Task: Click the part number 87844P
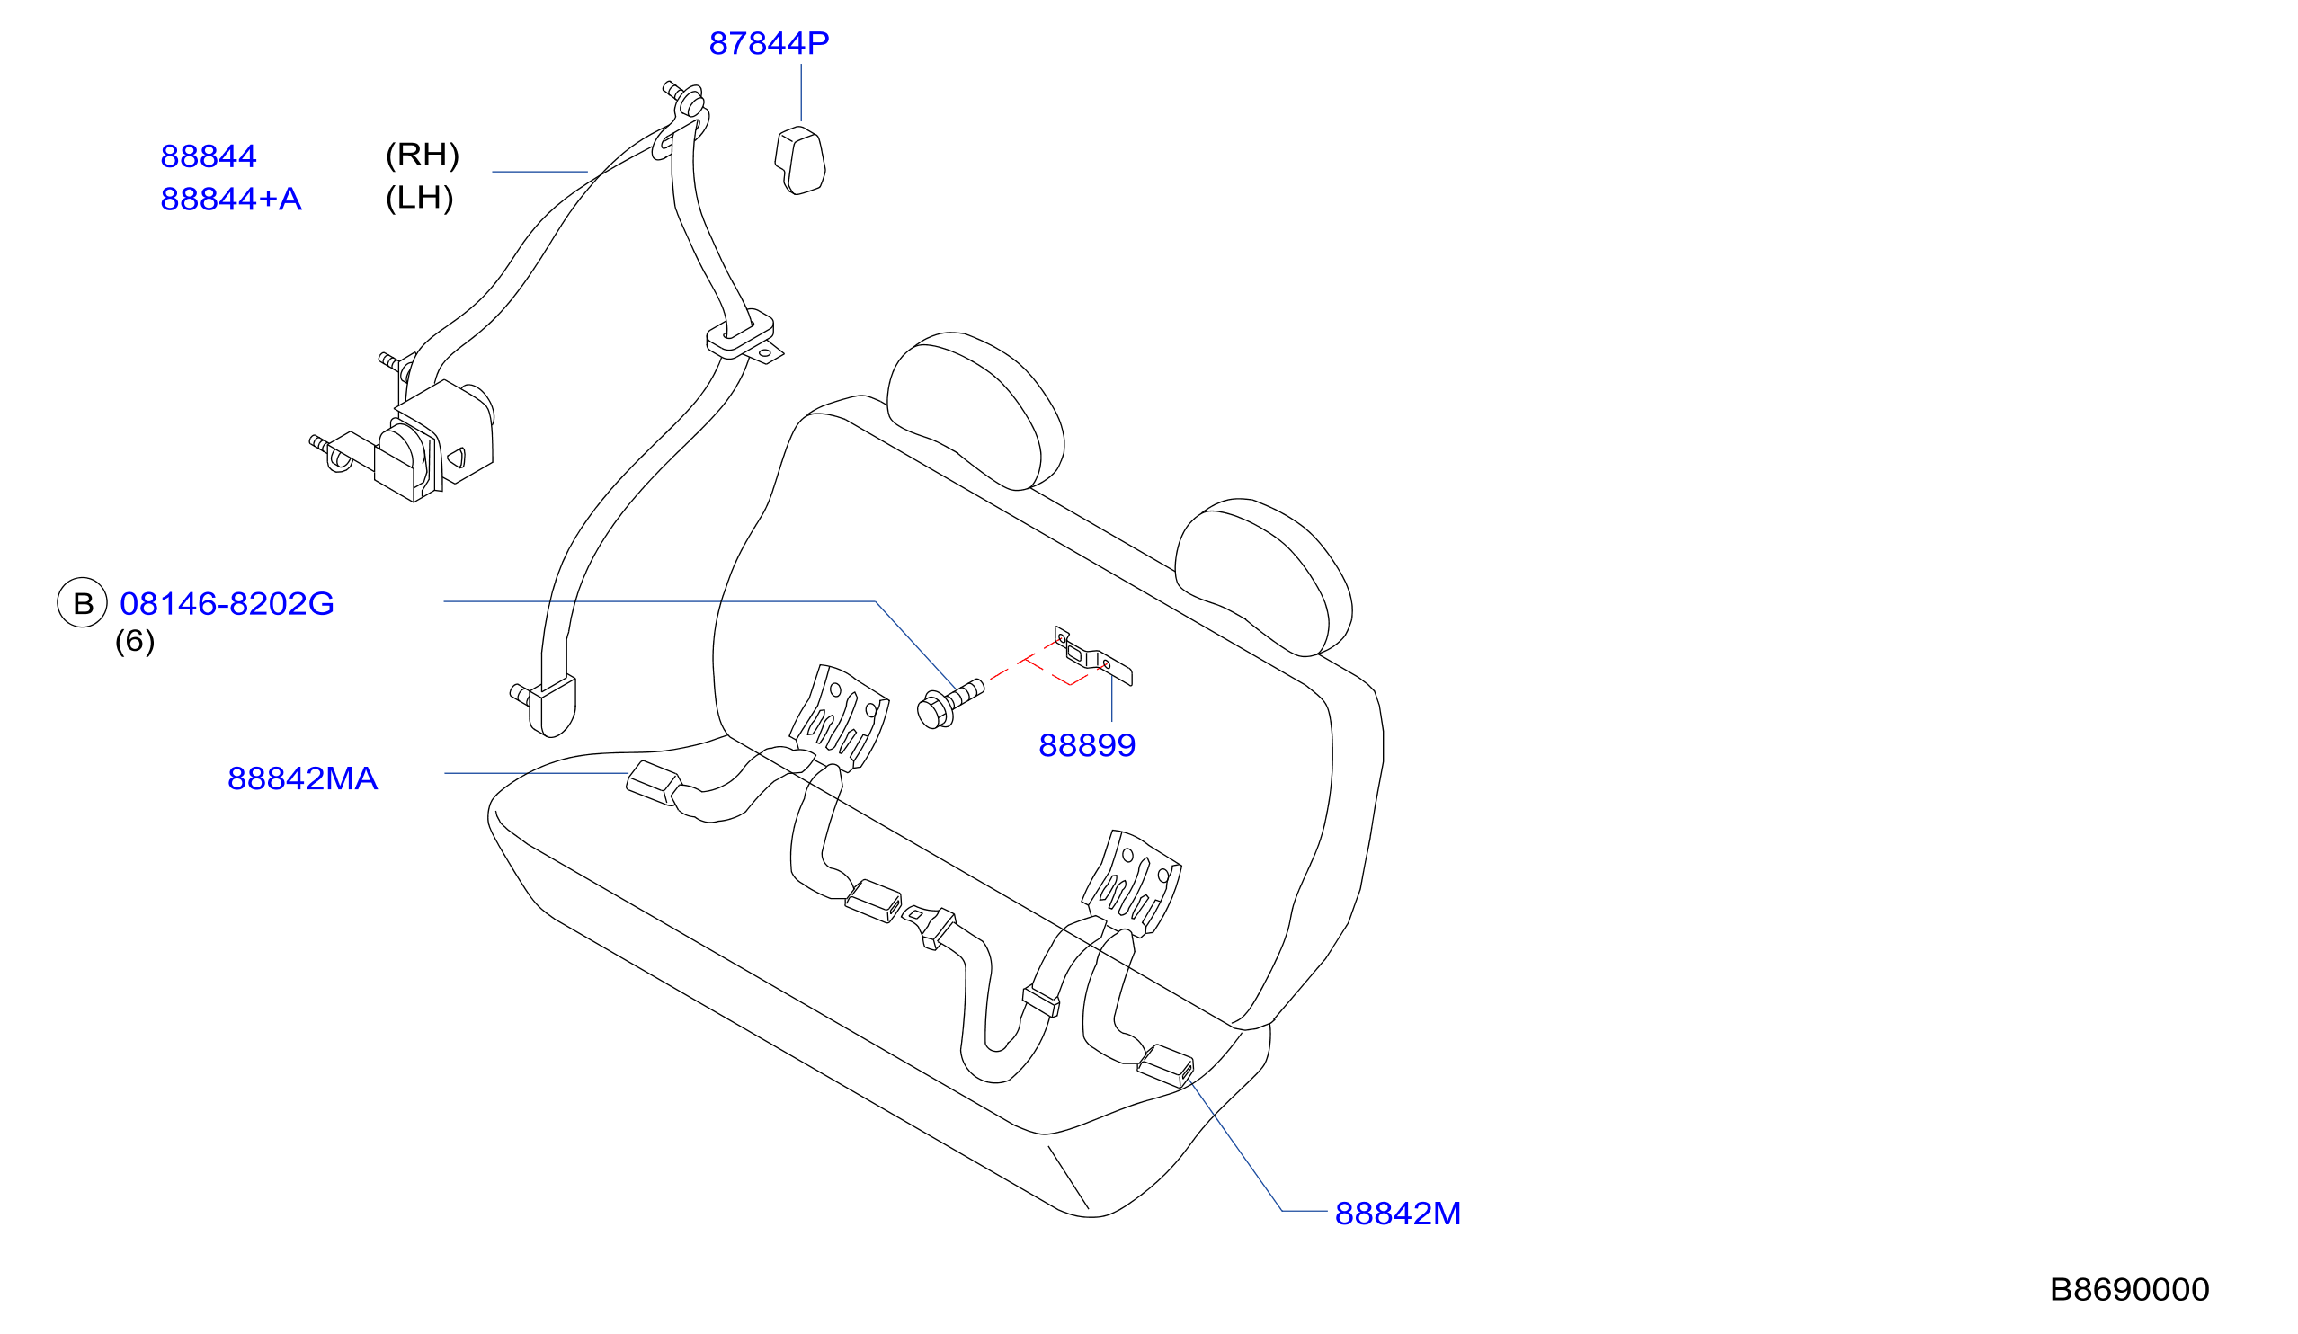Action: tap(769, 43)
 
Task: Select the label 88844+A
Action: tap(231, 199)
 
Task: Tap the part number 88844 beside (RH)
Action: tap(208, 156)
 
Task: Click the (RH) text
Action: tap(423, 154)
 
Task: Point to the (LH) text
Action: tap(420, 197)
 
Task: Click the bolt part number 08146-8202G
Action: tap(227, 604)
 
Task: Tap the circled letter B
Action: tap(83, 602)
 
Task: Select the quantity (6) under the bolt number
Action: tap(135, 641)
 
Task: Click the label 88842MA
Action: tap(302, 778)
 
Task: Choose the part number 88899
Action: tap(1087, 745)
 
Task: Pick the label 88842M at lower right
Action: tap(1397, 1214)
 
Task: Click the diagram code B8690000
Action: tap(2129, 1289)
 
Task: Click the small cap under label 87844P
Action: tap(800, 161)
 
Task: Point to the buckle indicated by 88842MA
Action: tap(653, 783)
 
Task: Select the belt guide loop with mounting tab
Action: tap(744, 336)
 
